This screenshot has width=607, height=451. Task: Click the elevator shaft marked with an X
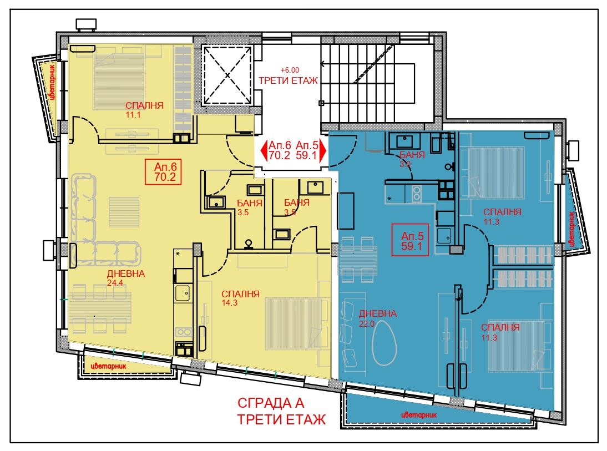(x=227, y=75)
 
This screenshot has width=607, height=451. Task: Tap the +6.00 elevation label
(x=290, y=70)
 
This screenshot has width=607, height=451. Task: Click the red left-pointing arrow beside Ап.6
(x=264, y=150)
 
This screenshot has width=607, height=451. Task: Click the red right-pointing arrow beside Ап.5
(x=322, y=150)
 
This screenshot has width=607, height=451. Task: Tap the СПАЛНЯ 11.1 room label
(x=144, y=109)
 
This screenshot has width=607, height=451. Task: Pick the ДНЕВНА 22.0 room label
(x=377, y=318)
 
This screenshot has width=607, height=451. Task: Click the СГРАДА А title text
(x=271, y=403)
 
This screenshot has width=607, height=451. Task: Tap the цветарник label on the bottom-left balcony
(x=108, y=366)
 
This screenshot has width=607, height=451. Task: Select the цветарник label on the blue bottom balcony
(x=419, y=415)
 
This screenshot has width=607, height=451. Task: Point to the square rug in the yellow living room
(x=124, y=211)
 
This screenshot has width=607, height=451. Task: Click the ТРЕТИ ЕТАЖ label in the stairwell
(x=288, y=80)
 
